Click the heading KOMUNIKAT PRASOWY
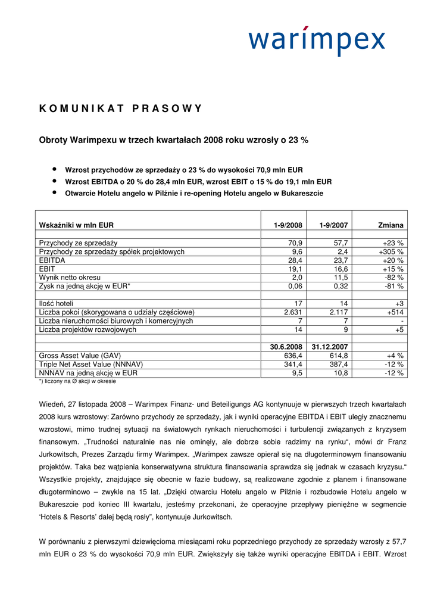120,108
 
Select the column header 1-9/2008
288,225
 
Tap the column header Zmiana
391,225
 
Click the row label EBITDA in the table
52,260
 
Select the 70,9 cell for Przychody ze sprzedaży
295,243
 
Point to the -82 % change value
393,278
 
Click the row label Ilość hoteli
57,304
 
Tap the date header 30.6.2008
286,347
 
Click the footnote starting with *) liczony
77,381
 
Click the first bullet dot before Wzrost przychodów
54,169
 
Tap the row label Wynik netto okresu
70,278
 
